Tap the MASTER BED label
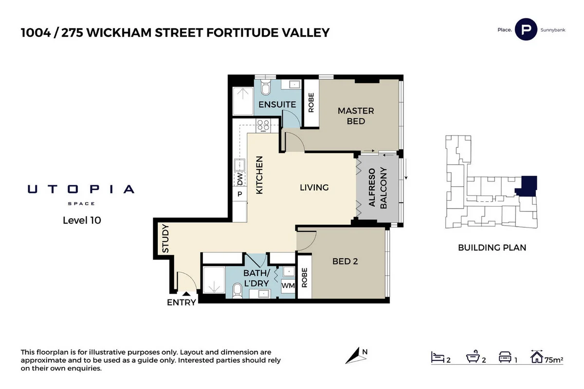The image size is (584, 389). coord(356,116)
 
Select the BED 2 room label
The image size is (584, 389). coord(345,262)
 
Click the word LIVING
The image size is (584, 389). coord(314,187)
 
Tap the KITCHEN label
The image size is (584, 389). coord(259,176)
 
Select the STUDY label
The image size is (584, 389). coord(165,238)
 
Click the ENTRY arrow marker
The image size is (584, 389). coord(185,293)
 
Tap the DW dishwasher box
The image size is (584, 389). coord(240,179)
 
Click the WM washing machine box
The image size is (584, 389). coord(288,286)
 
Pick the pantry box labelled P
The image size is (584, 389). coord(240,194)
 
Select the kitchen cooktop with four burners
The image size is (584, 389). coord(263,125)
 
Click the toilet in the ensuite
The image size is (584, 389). coord(266,88)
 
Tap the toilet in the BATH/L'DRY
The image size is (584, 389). coord(237,291)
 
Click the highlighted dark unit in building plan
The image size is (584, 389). coord(528,185)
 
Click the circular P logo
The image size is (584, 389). coord(526,30)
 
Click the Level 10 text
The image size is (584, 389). coord(82,220)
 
